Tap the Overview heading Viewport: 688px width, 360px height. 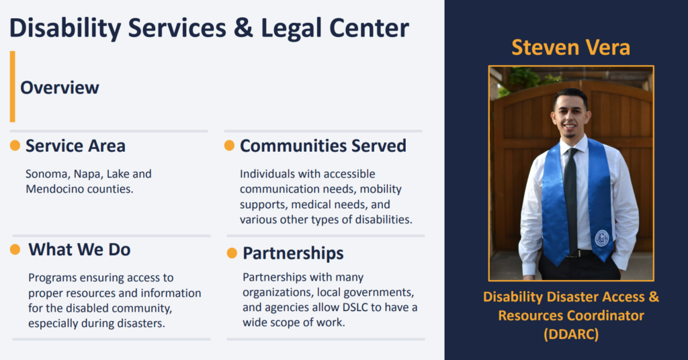coord(60,88)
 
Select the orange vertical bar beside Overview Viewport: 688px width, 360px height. coord(13,87)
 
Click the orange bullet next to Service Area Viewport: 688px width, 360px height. coord(15,146)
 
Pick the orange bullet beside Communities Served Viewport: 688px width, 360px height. coord(230,146)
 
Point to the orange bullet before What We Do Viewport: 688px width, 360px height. coord(15,249)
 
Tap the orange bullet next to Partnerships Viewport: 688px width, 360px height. coord(232,253)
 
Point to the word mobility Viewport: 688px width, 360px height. coord(381,189)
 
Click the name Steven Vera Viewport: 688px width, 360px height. coord(571,48)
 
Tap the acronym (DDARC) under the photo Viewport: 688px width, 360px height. coord(571,334)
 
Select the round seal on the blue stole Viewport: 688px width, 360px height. coord(601,238)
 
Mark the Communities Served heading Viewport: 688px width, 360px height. coord(323,146)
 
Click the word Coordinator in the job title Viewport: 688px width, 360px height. coord(605,316)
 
